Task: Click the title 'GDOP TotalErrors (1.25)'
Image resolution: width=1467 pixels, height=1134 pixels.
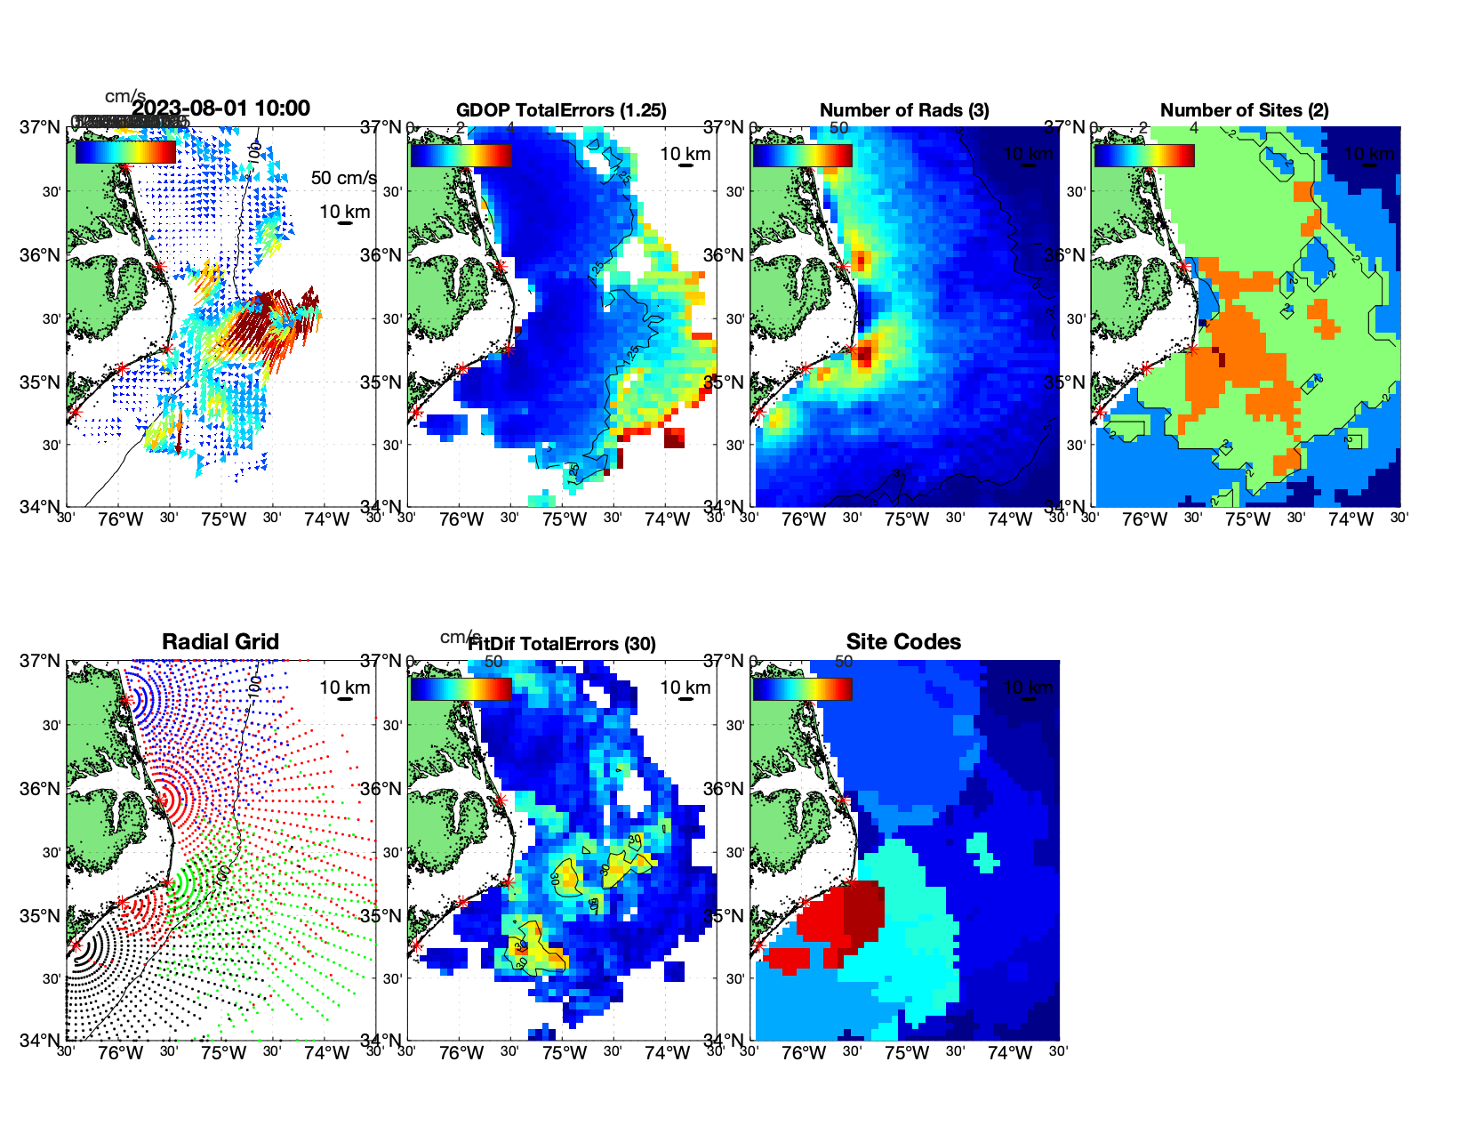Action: pos(561,110)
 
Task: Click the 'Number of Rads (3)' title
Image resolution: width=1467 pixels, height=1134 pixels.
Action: pos(904,110)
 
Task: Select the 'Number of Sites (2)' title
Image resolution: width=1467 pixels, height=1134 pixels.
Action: pos(1244,110)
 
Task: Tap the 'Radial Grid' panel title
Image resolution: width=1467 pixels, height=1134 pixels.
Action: pos(220,642)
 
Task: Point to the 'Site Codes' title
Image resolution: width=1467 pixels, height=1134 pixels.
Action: pos(903,642)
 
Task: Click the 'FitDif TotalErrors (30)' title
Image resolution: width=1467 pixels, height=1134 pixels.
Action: pos(562,644)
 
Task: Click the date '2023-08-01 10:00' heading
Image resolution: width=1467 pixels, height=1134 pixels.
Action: pos(221,109)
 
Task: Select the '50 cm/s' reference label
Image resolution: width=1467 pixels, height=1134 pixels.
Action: pos(343,178)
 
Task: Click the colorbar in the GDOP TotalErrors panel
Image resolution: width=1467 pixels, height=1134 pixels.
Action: pos(461,155)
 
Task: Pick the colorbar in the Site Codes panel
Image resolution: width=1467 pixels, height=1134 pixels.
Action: pos(802,688)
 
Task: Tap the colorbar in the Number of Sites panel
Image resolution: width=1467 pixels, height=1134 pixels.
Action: pos(1143,155)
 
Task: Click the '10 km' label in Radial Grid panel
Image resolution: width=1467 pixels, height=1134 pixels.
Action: pos(345,688)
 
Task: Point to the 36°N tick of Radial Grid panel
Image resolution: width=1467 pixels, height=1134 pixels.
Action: pos(42,789)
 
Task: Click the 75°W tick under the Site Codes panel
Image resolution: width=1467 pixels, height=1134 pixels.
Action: pos(906,1053)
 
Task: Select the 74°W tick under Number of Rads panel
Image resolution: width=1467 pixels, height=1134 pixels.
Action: pos(1009,519)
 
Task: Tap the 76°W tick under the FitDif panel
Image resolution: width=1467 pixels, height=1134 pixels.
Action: pos(461,1053)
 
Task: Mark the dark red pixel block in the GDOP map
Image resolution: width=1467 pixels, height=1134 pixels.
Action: pos(675,438)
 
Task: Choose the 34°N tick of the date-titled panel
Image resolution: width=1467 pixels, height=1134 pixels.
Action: pos(42,507)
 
